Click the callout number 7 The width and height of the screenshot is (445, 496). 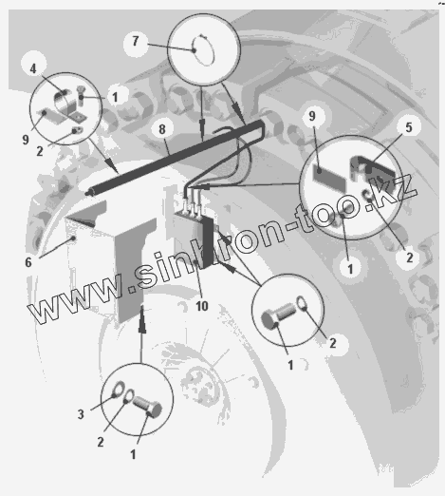[136, 41]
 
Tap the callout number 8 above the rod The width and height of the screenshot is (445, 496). [162, 129]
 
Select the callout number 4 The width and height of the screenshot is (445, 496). [33, 68]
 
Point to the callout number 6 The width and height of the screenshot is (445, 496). [28, 262]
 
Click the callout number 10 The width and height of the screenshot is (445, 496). [202, 306]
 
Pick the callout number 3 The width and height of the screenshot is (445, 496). [81, 414]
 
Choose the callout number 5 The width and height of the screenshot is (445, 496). [409, 127]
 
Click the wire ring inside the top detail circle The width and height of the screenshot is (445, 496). [204, 50]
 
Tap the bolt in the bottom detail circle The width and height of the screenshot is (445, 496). [147, 407]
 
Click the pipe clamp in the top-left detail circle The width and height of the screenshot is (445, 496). [69, 106]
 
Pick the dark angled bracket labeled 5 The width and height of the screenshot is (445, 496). [373, 173]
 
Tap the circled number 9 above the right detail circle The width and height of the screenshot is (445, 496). [312, 116]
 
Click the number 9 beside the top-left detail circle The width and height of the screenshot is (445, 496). [26, 140]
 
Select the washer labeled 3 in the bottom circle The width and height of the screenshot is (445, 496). [119, 389]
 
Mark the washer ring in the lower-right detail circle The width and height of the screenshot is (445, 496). [303, 303]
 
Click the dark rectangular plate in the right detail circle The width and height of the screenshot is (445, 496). [329, 177]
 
